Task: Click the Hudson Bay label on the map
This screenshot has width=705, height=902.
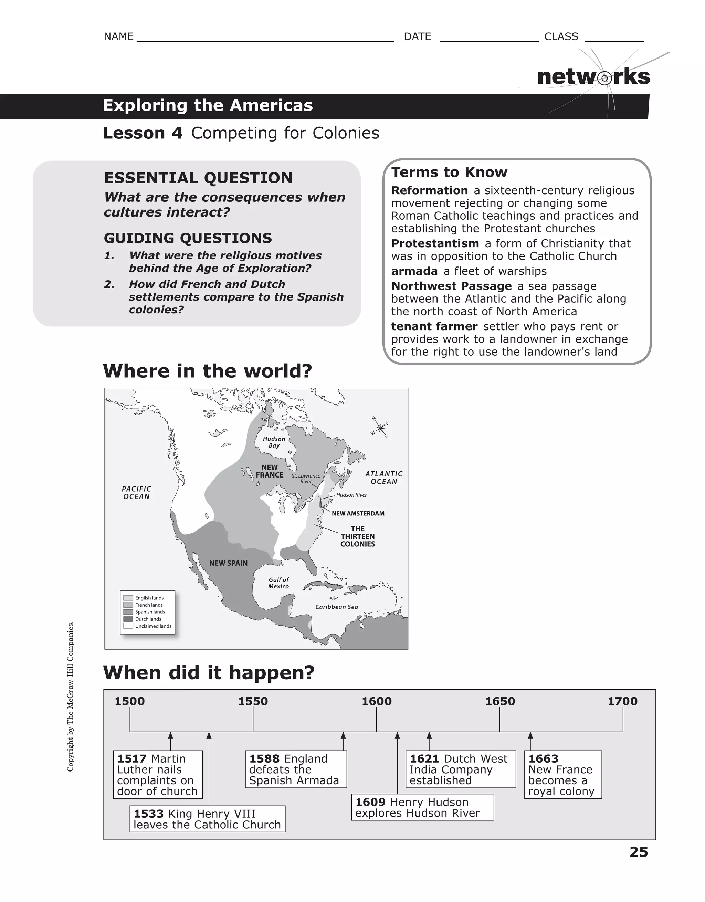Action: point(274,442)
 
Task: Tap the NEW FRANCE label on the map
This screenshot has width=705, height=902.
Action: point(269,471)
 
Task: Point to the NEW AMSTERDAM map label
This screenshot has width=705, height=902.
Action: point(358,513)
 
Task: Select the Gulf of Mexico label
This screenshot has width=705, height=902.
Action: point(278,583)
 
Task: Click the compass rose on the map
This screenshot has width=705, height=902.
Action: point(380,428)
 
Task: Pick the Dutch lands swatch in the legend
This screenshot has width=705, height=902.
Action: point(128,619)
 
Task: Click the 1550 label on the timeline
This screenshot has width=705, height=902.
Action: point(253,701)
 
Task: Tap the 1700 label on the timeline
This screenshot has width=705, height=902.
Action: point(622,701)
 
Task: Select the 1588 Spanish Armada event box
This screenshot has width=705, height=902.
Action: point(296,769)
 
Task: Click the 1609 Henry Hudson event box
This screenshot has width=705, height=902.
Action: point(422,807)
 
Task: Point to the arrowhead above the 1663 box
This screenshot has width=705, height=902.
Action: point(530,736)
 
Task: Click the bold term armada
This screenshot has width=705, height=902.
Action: point(414,271)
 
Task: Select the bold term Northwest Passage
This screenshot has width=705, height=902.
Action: point(451,286)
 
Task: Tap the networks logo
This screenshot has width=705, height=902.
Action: point(593,77)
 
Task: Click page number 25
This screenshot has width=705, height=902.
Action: point(639,852)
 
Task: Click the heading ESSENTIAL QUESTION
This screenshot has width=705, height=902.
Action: point(198,178)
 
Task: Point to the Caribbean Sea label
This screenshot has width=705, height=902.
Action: point(336,607)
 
